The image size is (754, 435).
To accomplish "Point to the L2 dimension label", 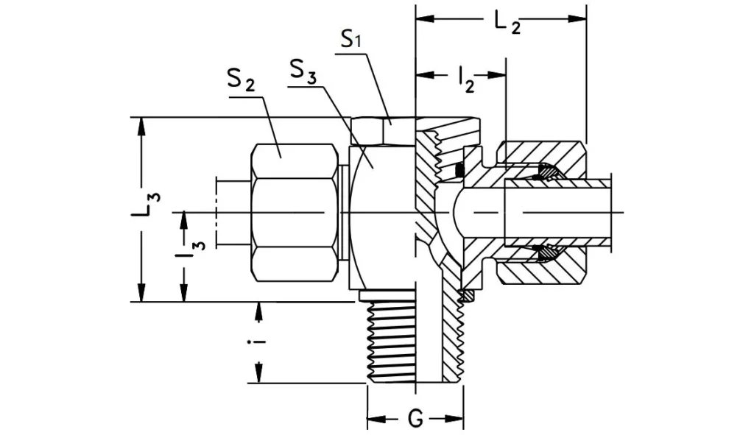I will (507, 24).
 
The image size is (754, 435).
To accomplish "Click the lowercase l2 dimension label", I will (465, 78).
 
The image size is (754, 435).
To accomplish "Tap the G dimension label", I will (415, 420).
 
